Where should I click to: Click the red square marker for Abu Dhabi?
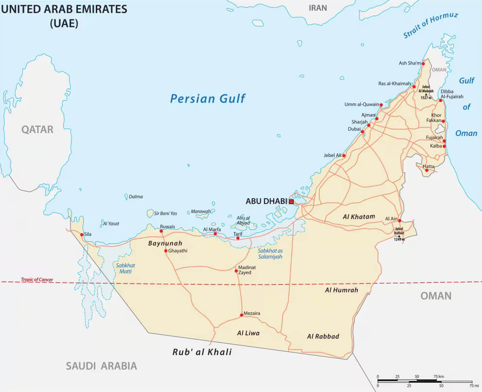coord(291,201)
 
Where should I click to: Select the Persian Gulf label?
coord(208,99)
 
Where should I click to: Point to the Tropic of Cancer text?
coord(37,280)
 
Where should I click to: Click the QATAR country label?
coord(37,129)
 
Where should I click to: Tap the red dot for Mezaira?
coord(241,315)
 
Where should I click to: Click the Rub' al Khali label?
coord(202,352)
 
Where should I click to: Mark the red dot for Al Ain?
coord(400,220)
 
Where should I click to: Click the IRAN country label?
coord(318,8)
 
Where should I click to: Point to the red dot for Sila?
coord(81,234)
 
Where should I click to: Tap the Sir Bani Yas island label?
coord(165,213)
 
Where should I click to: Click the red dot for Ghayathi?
coord(166,251)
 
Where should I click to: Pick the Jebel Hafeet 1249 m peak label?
coord(399,234)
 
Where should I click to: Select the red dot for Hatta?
coord(427,170)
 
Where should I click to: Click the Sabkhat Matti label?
coord(125,269)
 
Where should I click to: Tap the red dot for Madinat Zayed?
coord(236,271)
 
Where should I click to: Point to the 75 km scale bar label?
coord(438,376)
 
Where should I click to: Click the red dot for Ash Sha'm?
coord(423,64)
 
